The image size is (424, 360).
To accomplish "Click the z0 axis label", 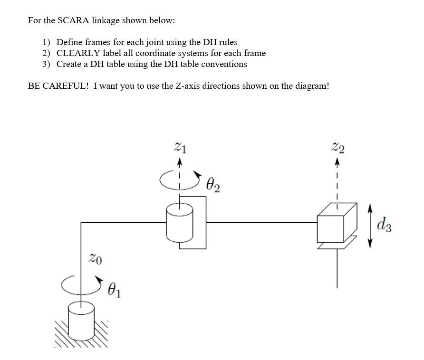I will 96,259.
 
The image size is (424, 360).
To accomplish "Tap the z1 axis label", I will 180,148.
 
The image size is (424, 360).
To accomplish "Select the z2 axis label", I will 338,148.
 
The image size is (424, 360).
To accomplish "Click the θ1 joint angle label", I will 114,289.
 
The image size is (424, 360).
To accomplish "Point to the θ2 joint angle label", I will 213,184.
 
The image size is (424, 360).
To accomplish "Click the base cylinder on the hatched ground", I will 81,318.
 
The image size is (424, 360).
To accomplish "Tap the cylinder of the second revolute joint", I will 180,222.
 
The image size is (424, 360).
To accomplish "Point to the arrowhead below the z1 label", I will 180,162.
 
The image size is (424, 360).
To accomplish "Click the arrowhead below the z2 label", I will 337,162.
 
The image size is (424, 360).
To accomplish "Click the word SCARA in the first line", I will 70,20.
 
